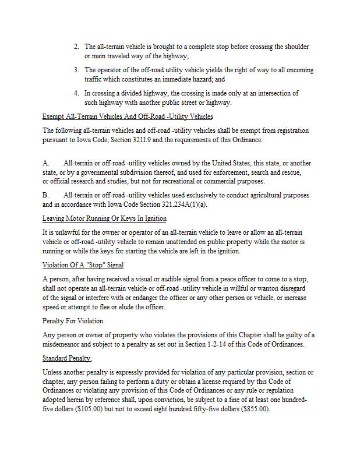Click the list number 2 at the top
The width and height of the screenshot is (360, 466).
pyautogui.click(x=76, y=47)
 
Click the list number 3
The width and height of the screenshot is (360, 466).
pyautogui.click(x=76, y=70)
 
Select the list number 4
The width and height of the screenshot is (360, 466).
pyautogui.click(x=76, y=93)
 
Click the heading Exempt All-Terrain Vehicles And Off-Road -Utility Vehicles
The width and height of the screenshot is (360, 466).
pyautogui.click(x=128, y=116)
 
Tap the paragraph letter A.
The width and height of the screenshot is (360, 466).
pyautogui.click(x=45, y=163)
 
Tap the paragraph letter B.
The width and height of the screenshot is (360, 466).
pyautogui.click(x=45, y=195)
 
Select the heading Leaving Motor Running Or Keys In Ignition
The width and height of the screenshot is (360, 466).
pyautogui.click(x=104, y=218)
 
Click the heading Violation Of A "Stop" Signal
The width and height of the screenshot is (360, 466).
pyautogui.click(x=83, y=265)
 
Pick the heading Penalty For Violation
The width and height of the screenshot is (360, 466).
pyautogui.click(x=72, y=321)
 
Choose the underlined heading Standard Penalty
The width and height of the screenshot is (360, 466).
pyautogui.click(x=67, y=358)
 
